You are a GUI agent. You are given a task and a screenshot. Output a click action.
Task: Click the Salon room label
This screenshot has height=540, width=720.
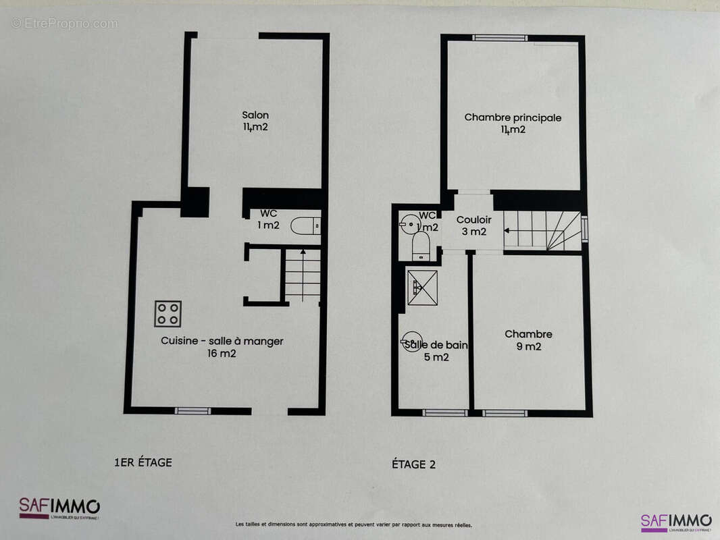point(255,121)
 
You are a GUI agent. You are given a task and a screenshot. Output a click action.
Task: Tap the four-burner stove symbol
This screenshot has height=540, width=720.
point(168,313)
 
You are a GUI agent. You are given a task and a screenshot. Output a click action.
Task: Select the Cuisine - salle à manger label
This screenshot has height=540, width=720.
point(222,347)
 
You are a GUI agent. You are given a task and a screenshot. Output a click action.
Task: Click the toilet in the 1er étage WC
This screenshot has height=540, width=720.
point(305,226)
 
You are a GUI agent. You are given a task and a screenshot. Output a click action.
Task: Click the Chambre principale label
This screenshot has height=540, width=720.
point(513,124)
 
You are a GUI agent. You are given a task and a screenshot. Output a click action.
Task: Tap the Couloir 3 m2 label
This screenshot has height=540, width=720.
point(473,225)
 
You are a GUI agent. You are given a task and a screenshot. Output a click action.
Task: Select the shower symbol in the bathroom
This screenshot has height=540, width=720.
point(422,288)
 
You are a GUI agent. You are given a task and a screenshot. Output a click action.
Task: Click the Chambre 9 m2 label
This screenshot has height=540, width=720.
point(528,340)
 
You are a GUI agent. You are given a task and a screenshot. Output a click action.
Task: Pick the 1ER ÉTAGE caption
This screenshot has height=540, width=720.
point(143,462)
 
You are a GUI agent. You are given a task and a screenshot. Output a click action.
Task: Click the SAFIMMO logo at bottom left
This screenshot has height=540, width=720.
point(59,508)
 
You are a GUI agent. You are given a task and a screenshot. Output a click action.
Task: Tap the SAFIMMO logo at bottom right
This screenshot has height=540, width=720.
point(675,522)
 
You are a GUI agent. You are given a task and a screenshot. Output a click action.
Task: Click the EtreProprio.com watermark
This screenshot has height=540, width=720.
point(64,24)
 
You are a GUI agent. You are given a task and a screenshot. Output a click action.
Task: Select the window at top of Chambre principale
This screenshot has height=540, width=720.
point(500,38)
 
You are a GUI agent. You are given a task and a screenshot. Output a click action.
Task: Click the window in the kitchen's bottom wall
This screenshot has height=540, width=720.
point(192,410)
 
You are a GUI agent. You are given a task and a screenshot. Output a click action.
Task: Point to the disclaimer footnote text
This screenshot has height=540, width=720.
point(354,524)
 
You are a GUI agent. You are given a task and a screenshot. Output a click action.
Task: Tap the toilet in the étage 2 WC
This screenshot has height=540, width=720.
point(421,247)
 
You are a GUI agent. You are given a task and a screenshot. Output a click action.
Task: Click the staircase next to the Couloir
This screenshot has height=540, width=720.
point(542,230)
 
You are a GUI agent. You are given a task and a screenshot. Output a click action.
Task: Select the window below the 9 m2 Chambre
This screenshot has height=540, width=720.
point(505,413)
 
